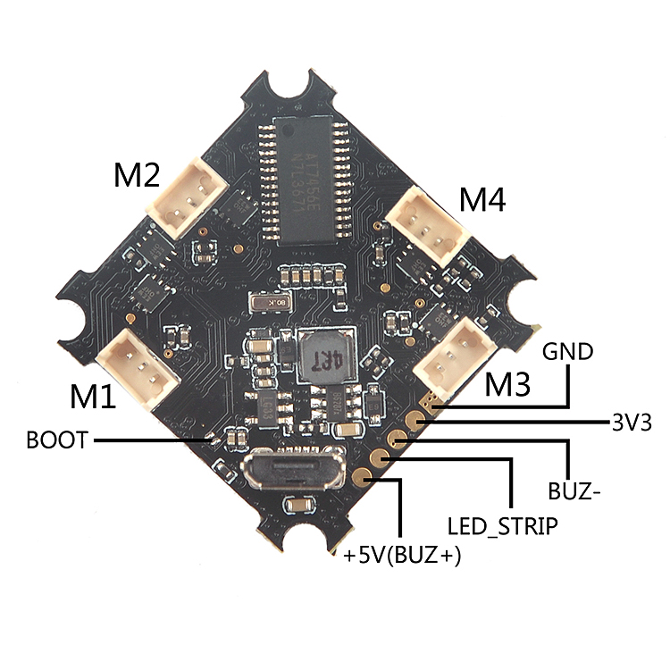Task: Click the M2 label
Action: pos(136,175)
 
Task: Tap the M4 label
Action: pos(482,200)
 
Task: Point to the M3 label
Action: pos(507,385)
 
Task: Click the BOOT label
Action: pos(57,440)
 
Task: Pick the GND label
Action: pos(567,351)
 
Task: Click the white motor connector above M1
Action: pos(138,357)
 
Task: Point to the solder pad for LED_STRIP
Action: pos(382,457)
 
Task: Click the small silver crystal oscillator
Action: pos(269,304)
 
